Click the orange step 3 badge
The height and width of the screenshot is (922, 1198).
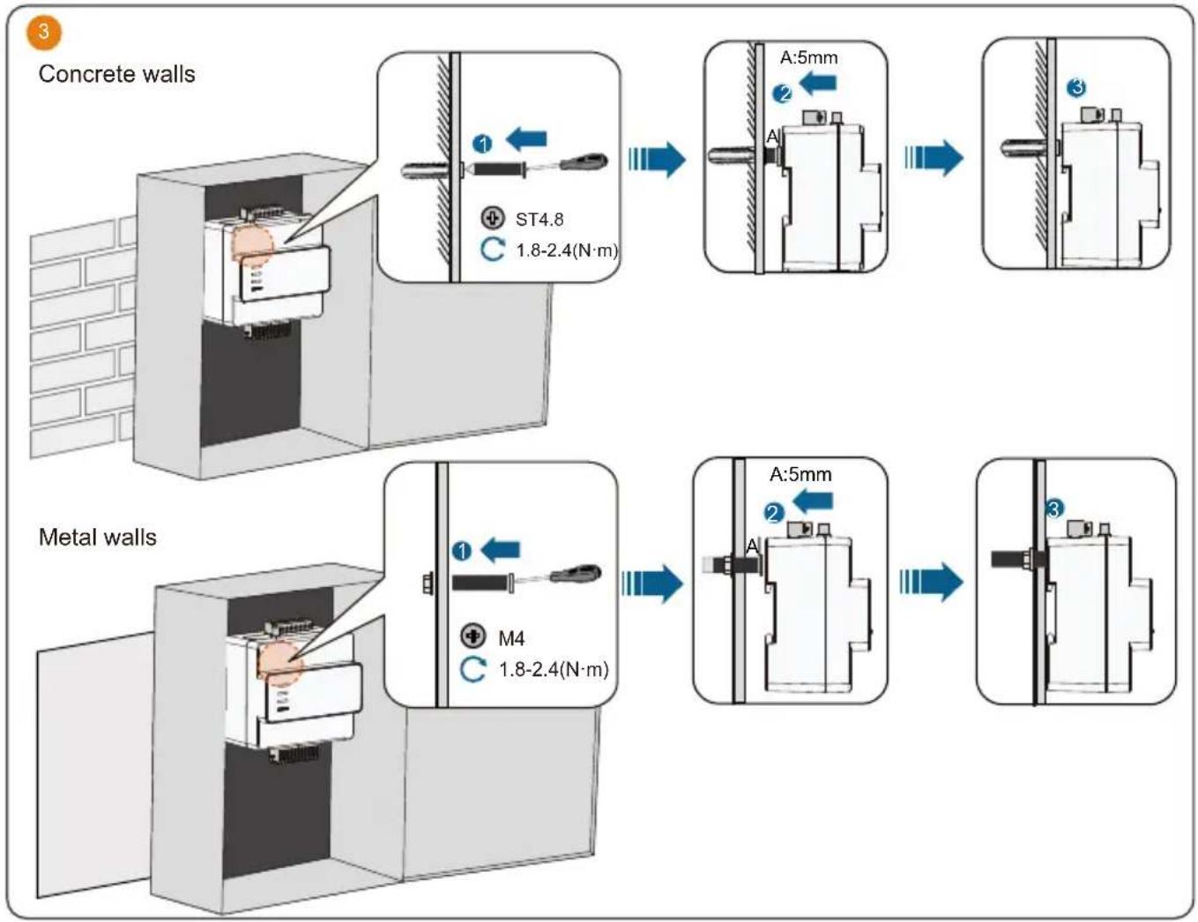tap(43, 32)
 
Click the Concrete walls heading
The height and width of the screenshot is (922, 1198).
tap(117, 74)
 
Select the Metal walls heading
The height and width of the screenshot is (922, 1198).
tap(98, 537)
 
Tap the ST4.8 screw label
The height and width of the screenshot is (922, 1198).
tap(539, 219)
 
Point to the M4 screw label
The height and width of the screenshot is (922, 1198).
tap(511, 638)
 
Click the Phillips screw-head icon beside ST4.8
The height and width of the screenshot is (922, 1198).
tap(492, 219)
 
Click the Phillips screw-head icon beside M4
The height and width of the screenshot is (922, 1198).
tap(473, 636)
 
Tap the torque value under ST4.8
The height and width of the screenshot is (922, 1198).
tap(566, 250)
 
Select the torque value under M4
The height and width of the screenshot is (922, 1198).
tap(553, 670)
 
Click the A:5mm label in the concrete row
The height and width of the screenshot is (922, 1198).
tap(808, 57)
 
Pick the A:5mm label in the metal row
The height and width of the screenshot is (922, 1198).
tap(800, 474)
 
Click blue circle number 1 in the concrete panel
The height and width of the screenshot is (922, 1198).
tap(482, 145)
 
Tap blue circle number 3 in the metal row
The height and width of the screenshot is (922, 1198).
tap(1054, 509)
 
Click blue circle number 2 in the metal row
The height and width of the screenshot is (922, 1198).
tap(773, 514)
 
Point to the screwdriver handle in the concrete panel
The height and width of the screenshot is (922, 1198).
tap(584, 162)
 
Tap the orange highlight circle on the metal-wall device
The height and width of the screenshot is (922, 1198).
tap(281, 663)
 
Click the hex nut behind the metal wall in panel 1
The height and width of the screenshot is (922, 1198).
tap(428, 583)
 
